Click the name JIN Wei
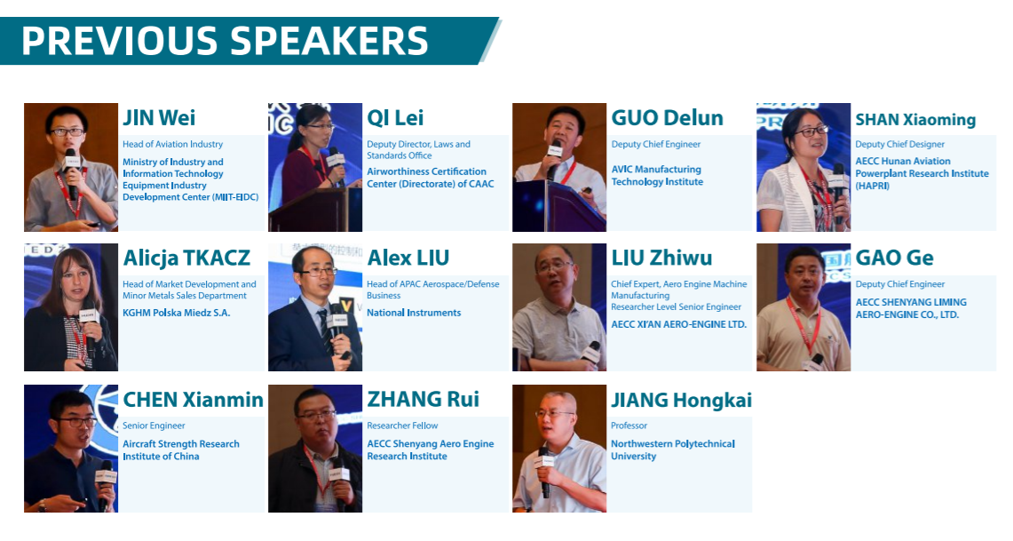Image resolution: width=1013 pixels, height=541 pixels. point(159,117)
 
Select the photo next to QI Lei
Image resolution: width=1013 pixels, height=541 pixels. point(315,167)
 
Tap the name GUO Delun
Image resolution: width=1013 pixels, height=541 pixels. point(668,117)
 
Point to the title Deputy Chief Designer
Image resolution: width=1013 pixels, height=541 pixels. point(900,144)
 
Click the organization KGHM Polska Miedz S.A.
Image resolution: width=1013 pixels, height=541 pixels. point(177,313)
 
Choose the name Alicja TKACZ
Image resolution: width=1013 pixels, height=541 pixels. point(186,258)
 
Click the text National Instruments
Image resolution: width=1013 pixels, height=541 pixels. point(414,313)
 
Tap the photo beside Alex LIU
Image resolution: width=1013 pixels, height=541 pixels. point(315,307)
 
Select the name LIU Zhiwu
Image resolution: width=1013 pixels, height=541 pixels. point(661,258)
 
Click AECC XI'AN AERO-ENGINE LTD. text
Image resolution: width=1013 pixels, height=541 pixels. point(679,324)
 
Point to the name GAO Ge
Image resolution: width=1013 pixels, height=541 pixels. point(895,258)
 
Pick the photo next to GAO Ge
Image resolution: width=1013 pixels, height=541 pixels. point(803,307)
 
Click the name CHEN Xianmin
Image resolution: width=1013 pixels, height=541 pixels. point(194,400)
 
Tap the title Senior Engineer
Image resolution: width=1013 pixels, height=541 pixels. point(154,426)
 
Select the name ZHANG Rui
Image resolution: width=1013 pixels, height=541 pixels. point(423,400)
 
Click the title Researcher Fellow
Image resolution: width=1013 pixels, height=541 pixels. point(402,426)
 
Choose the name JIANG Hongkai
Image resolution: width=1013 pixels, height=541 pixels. point(682,400)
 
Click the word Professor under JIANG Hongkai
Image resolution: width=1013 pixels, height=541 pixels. point(629,426)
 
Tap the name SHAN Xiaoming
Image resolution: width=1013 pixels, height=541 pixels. point(915,120)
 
